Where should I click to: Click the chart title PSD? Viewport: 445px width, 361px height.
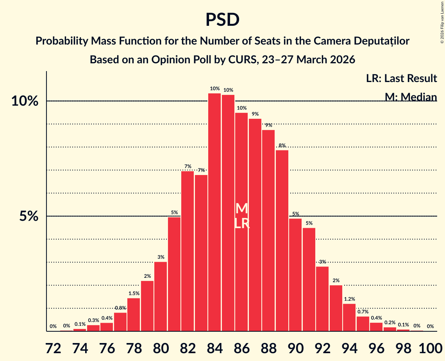coord(222,20)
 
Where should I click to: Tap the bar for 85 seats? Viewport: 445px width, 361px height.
coord(228,213)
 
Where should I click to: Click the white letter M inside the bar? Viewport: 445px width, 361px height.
coord(242,208)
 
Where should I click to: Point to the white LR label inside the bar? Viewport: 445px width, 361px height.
coord(242,223)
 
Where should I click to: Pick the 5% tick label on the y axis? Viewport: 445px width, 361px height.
coord(29,216)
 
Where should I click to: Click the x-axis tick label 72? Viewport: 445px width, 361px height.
coord(53,347)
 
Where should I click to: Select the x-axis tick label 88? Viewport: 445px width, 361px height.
coord(268,347)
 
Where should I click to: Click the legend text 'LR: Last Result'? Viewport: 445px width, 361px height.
coord(401,79)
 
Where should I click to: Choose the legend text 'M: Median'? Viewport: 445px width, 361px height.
coord(411,97)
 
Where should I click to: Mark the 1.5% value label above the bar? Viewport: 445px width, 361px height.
coord(134,293)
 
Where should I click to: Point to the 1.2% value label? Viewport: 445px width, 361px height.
coord(349,299)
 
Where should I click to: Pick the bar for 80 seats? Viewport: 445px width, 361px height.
coord(161,297)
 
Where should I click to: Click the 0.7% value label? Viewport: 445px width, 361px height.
coord(363,312)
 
